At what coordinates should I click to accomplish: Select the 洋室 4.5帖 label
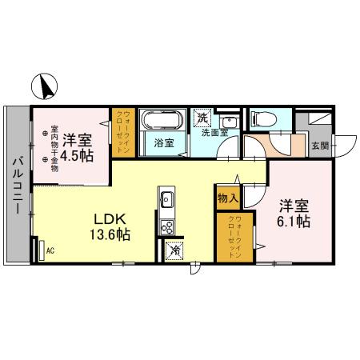81,147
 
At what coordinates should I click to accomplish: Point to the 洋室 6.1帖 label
294,213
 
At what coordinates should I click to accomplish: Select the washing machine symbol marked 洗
202,118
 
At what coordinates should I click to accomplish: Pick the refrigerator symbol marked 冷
174,250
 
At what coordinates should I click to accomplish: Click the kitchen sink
168,199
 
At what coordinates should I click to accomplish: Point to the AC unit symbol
42,250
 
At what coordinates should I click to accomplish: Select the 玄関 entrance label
319,146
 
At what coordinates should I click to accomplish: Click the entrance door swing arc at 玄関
345,145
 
